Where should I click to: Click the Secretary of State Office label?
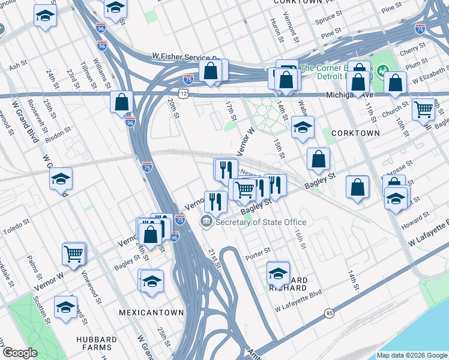261,222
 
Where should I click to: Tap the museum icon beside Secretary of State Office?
206,222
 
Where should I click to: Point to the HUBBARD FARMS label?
94,343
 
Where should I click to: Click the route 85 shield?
328,313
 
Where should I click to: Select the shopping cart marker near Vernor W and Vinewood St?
74,253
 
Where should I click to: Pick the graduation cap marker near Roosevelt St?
61,179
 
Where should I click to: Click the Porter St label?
258,253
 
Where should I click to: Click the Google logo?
19,353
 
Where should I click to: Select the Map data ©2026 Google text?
412,355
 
